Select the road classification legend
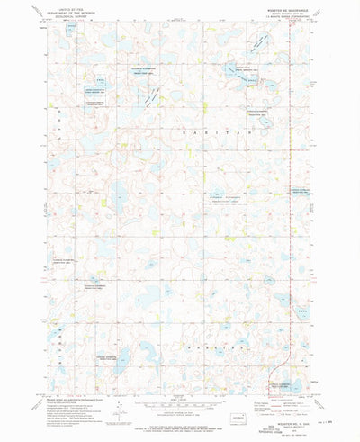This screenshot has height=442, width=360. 280,397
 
